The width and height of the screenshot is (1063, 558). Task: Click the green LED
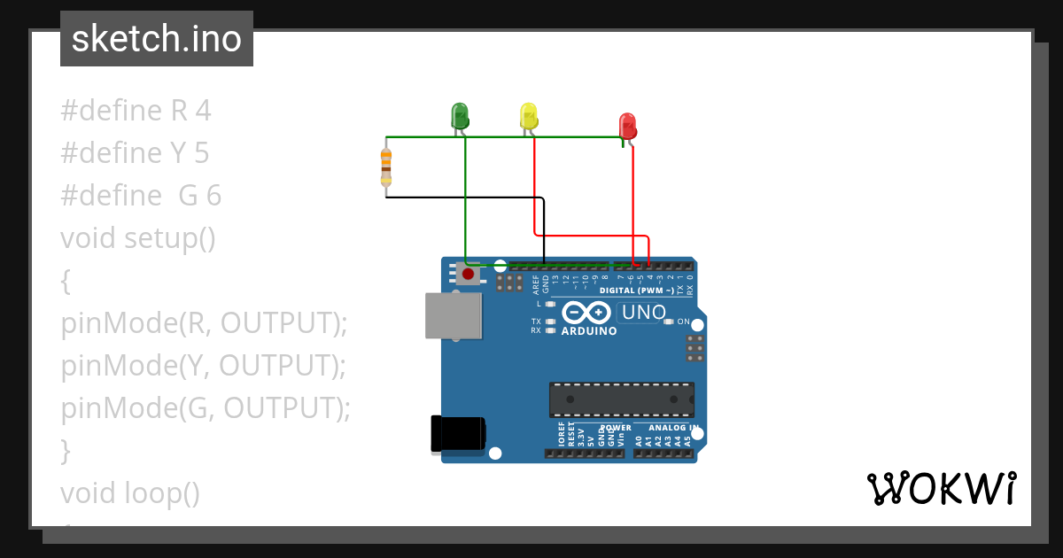click(x=459, y=115)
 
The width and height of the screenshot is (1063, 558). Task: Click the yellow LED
click(x=528, y=116)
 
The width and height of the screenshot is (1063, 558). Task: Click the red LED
click(x=627, y=126)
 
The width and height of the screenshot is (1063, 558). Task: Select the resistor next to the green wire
click(x=386, y=167)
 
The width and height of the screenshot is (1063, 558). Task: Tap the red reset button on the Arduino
click(x=468, y=274)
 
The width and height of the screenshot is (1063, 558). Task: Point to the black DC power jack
click(x=457, y=432)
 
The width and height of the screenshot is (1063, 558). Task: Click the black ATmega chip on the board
click(x=621, y=399)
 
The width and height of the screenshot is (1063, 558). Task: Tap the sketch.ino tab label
click(x=157, y=39)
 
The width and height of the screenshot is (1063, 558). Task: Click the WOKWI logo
click(x=941, y=488)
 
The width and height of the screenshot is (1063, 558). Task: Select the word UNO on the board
click(x=644, y=312)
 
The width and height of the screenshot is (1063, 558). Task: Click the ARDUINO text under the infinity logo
click(x=589, y=331)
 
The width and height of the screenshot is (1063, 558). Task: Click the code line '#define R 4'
click(x=136, y=111)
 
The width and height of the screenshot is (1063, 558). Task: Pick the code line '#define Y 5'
click(x=135, y=153)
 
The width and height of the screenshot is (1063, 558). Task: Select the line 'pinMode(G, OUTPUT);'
click(x=206, y=408)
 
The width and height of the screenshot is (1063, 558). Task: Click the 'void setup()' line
click(x=138, y=238)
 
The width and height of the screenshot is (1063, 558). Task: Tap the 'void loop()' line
click(x=130, y=493)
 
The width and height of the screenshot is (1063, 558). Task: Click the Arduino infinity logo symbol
click(x=586, y=312)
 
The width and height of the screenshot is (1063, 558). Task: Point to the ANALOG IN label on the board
click(x=667, y=428)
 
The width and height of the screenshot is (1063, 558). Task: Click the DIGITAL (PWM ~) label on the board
click(x=637, y=291)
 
